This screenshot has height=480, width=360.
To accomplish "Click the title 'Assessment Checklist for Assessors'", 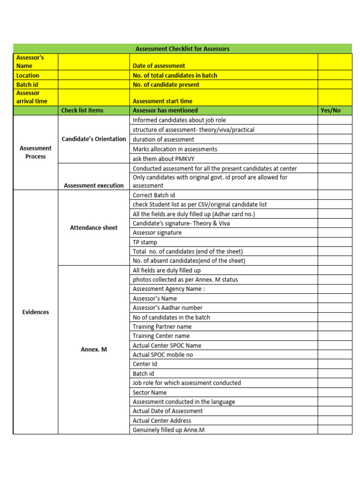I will (182, 49).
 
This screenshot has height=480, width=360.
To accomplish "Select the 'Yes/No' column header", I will (330, 111).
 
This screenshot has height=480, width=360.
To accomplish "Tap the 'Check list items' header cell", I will (82, 111).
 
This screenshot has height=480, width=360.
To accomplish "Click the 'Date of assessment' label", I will (159, 66).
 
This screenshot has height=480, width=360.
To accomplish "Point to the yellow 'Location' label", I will (28, 75).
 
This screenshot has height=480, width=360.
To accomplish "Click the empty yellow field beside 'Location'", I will (94, 75).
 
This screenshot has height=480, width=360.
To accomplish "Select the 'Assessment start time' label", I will (163, 101).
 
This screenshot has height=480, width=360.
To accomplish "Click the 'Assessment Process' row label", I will (36, 152).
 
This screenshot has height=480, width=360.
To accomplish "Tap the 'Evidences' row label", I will (36, 312).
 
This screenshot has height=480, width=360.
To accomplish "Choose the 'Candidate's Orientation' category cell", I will (94, 139).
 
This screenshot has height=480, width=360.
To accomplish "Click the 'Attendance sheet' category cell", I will (94, 228).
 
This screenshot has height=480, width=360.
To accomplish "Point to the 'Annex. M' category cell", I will (94, 350).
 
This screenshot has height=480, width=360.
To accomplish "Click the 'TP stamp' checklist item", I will (145, 242).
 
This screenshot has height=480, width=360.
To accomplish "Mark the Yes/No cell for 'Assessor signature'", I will (335, 233).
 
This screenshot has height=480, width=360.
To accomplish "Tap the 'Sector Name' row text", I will (150, 392).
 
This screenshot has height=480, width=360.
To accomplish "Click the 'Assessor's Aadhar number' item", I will (168, 308).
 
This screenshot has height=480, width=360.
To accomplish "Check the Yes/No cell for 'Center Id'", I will (335, 364).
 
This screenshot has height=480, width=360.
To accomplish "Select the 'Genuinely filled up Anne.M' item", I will (169, 430).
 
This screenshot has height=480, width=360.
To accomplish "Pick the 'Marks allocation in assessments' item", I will (175, 149).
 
